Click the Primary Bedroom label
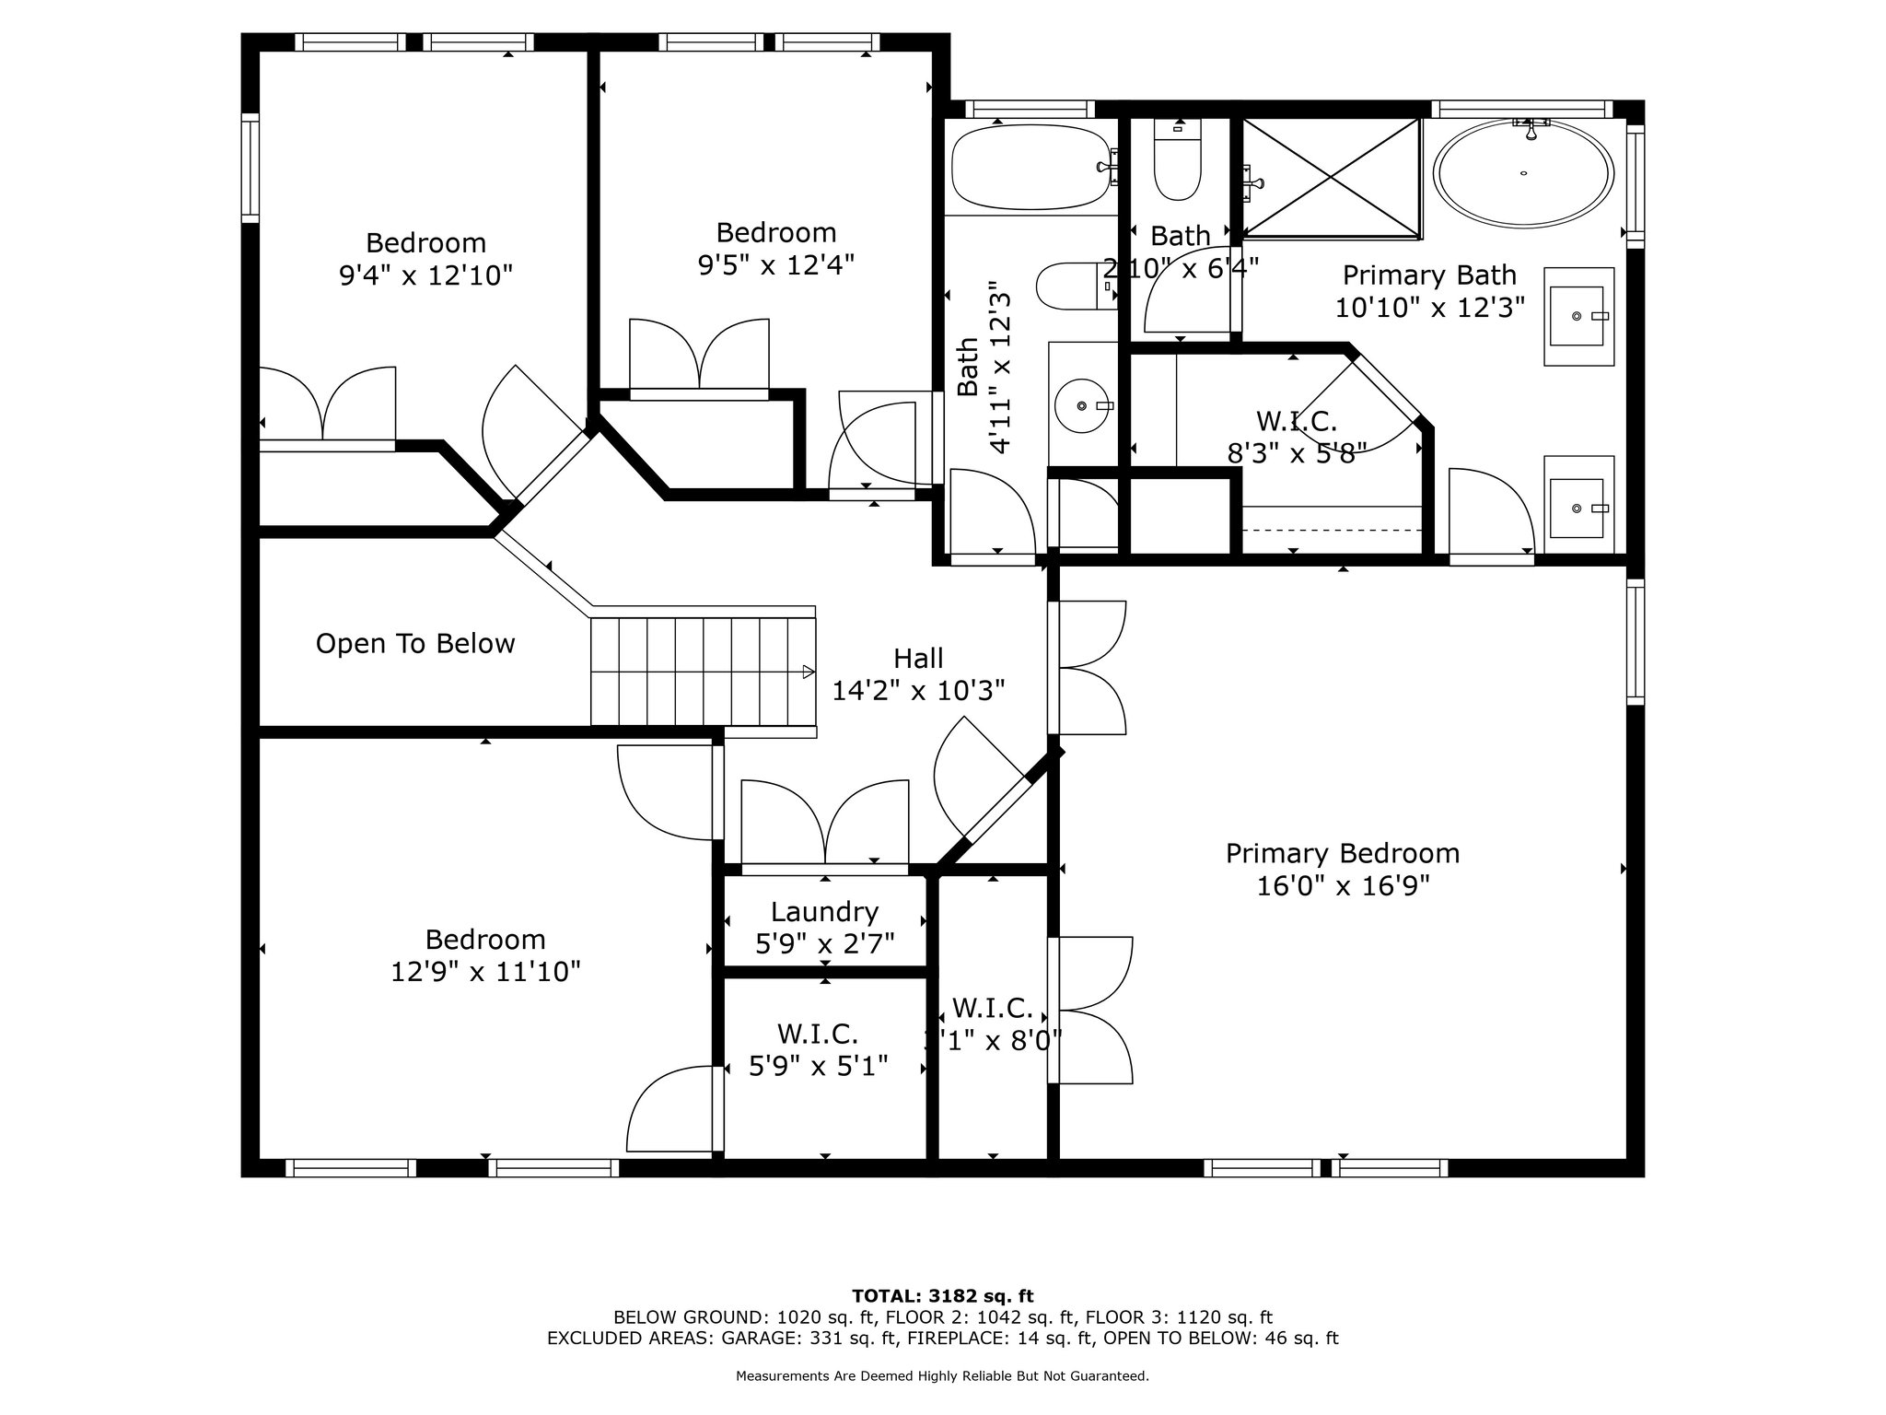tap(1342, 853)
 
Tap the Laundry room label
tap(824, 912)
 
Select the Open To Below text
tap(415, 643)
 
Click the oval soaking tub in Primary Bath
tap(1525, 176)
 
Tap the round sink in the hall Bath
tap(1081, 405)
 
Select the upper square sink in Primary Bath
tap(1578, 316)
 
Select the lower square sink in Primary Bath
tap(1578, 508)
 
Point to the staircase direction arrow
tap(808, 672)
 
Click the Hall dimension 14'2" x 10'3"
tap(918, 691)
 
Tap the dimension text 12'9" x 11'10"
tap(485, 972)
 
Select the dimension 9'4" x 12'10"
tap(425, 275)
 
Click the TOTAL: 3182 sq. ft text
tap(943, 1296)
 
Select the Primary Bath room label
tap(1429, 275)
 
